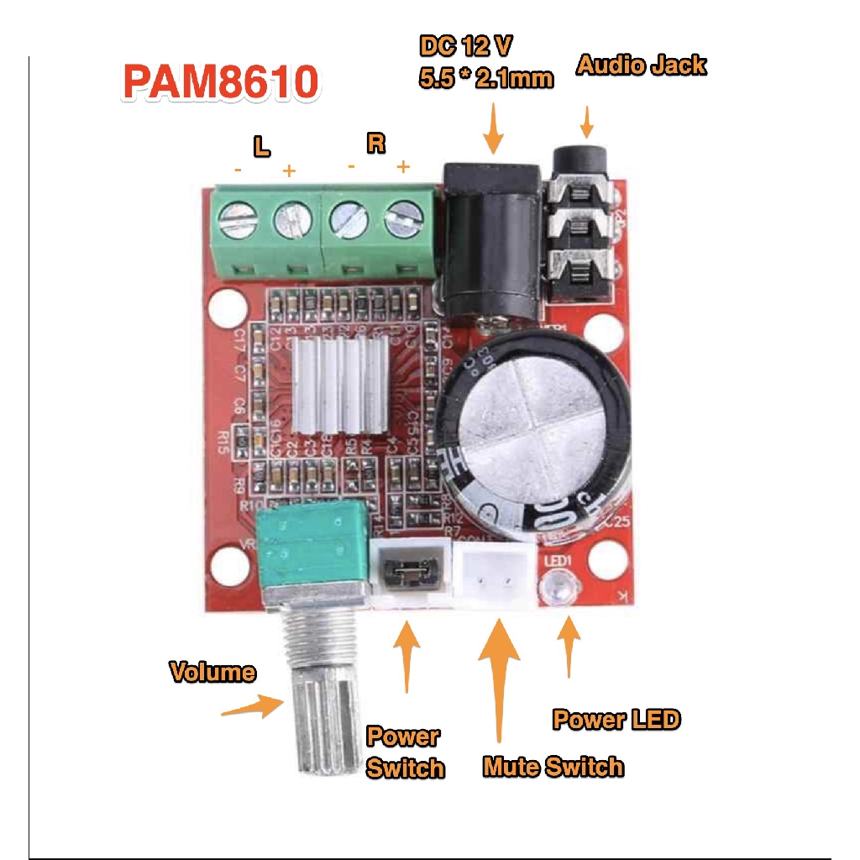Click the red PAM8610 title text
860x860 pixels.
coord(221,82)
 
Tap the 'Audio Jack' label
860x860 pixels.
coord(641,66)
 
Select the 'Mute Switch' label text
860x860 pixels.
coord(553,766)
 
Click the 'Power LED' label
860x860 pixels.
coord(616,719)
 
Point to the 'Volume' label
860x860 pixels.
coord(212,672)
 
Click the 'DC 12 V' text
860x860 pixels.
coord(466,45)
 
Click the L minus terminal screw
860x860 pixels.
coord(235,220)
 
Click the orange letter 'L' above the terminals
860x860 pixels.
coord(262,148)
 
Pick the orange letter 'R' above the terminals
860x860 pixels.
coord(376,143)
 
